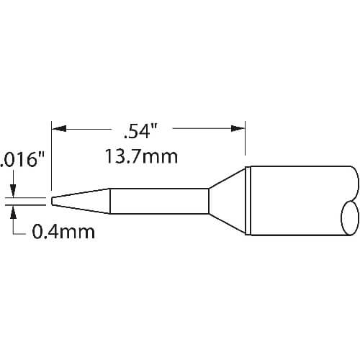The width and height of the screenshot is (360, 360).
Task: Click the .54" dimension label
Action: pyautogui.click(x=140, y=131)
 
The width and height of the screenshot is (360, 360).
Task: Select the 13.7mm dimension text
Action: pyautogui.click(x=141, y=156)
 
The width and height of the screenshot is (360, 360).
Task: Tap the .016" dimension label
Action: pyautogui.click(x=22, y=160)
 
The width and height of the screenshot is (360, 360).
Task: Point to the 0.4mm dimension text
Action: pyautogui.click(x=63, y=232)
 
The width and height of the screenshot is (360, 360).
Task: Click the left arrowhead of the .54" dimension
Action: pyautogui.click(x=59, y=129)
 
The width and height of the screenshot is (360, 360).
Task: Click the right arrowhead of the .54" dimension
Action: pyautogui.click(x=238, y=129)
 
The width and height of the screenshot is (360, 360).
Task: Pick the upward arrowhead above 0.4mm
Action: pyautogui.click(x=14, y=212)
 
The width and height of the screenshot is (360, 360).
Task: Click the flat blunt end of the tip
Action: pyautogui.click(x=52, y=201)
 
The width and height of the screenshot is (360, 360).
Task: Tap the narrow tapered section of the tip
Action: pyautogui.click(x=81, y=201)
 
